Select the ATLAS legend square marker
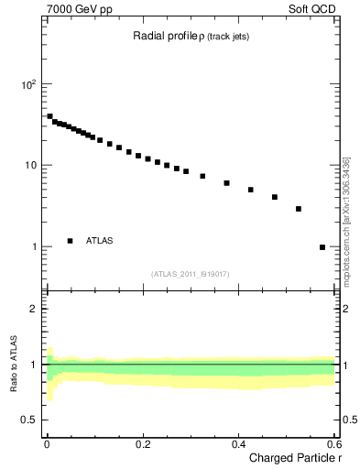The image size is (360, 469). (70, 241)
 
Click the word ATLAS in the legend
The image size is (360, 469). (101, 241)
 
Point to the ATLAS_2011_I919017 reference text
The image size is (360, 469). (191, 274)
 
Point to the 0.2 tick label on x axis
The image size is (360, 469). (142, 444)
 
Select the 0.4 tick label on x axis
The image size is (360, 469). (238, 444)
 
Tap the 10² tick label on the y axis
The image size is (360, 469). (28, 84)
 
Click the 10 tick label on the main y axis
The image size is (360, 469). (30, 166)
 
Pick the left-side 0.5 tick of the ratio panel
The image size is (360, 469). (29, 420)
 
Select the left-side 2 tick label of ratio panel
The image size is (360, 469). (34, 309)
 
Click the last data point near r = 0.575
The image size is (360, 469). (322, 247)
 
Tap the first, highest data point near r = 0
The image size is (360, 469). (49, 116)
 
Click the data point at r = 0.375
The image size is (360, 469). (226, 183)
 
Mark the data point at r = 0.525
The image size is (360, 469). (299, 209)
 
